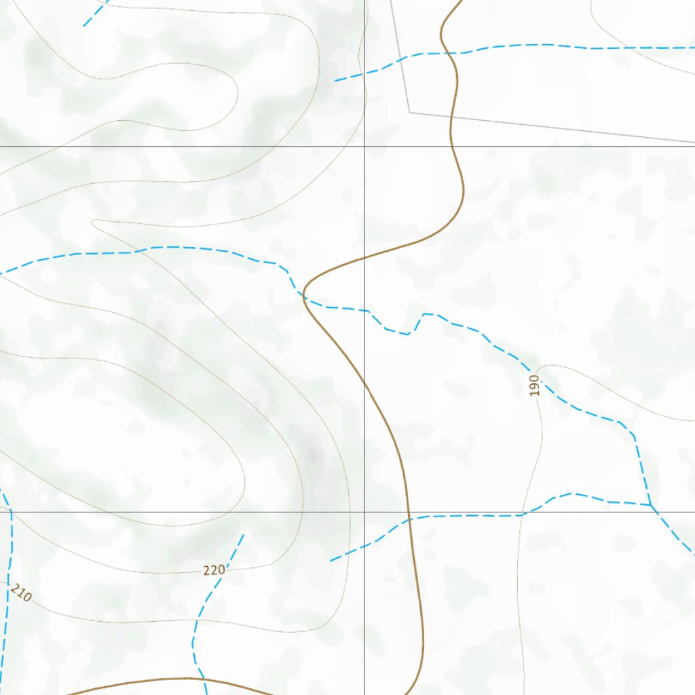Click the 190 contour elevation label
click(535, 385)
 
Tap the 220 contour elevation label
click(214, 570)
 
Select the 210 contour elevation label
click(21, 593)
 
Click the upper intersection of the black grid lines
click(364, 146)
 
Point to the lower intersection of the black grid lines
click(364, 512)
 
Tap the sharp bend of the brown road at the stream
click(303, 294)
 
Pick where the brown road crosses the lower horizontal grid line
click(409, 512)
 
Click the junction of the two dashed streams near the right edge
click(650, 505)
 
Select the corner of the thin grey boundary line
click(409, 112)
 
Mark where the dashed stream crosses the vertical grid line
click(364, 310)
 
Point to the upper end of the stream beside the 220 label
click(243, 535)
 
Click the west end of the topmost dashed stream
click(335, 81)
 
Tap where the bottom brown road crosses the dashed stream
click(203, 678)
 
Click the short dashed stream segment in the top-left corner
click(95, 14)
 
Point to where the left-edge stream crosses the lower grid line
click(10, 512)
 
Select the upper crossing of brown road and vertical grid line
click(364, 259)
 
